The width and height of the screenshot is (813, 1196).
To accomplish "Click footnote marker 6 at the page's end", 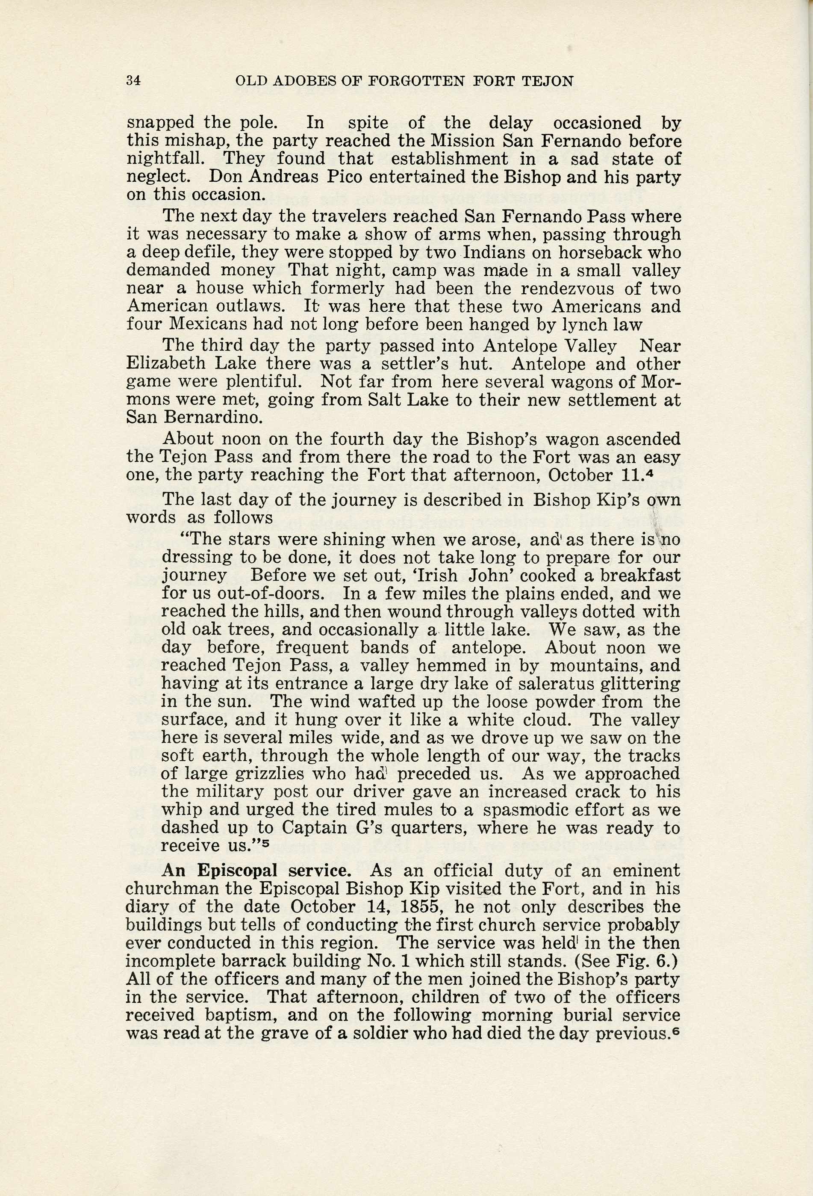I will pyautogui.click(x=677, y=1030).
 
